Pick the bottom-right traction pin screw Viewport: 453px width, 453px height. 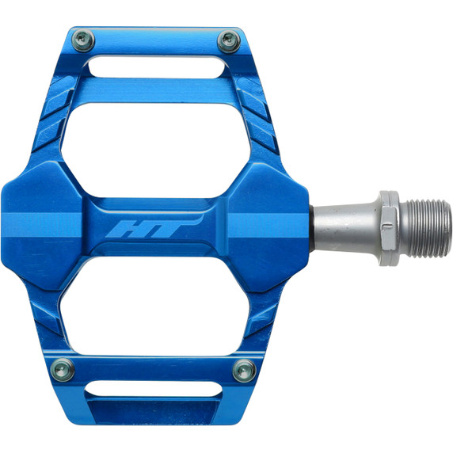point(243,369)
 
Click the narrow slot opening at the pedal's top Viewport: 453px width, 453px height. point(155,67)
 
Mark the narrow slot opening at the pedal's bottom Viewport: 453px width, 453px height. point(154,389)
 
